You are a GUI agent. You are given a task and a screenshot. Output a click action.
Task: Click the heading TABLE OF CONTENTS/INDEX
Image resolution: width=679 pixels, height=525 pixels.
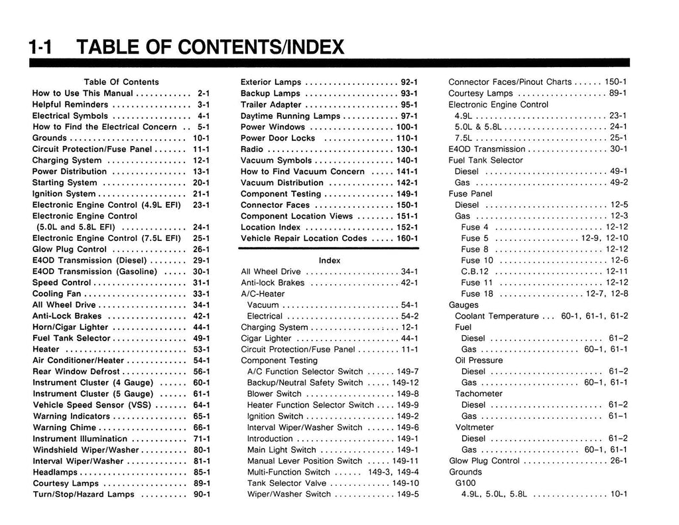(211, 48)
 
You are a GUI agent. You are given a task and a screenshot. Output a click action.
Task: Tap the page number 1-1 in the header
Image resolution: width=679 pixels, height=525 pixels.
(40, 48)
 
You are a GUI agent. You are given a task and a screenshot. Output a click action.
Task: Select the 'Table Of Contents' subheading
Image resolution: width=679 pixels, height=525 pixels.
(121, 82)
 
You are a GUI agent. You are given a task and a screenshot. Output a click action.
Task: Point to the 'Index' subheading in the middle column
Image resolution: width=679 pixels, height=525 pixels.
(330, 260)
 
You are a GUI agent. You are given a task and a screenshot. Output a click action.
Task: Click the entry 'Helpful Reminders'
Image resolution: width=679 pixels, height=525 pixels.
(70, 104)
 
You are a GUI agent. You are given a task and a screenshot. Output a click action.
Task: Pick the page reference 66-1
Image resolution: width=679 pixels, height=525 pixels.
(202, 427)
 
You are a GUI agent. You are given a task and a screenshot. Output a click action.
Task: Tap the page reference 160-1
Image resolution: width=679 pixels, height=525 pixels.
(407, 238)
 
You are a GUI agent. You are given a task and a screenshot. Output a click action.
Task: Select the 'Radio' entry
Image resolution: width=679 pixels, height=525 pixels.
(252, 149)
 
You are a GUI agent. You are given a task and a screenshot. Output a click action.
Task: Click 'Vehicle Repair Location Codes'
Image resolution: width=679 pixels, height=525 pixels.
(304, 238)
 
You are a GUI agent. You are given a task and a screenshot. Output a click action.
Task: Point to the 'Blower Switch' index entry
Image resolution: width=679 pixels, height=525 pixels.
(274, 394)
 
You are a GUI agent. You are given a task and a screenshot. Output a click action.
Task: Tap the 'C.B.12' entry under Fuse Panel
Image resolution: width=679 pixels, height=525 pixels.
(475, 271)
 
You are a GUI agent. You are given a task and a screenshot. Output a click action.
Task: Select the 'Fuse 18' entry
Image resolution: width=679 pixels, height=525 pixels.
(477, 293)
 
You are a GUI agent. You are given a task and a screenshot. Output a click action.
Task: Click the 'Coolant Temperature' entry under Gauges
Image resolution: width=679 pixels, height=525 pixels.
(497, 316)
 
